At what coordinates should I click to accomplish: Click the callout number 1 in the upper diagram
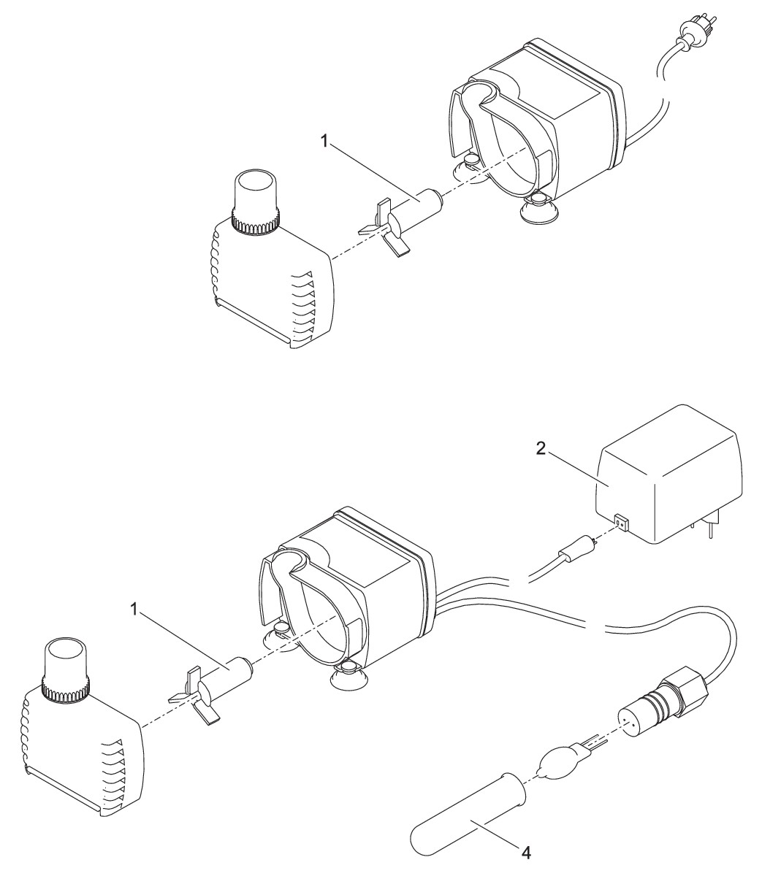coord(324,142)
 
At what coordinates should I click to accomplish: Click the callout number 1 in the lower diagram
coord(134,610)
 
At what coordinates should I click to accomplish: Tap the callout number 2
coord(541,449)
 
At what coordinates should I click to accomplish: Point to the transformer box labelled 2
coord(668,473)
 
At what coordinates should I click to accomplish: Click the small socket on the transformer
coord(621,523)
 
